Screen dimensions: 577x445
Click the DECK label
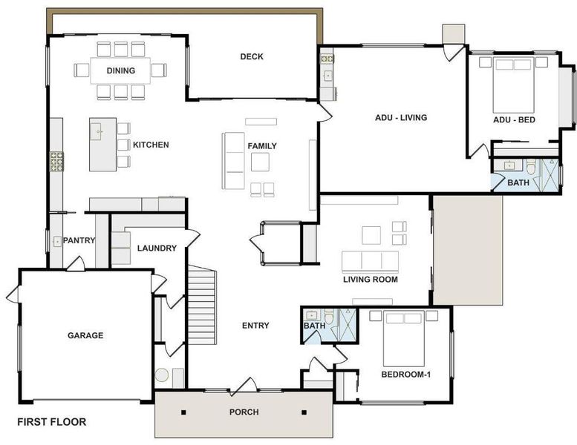[252, 56]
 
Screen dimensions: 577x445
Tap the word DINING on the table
[121, 70]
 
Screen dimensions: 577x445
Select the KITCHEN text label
[151, 145]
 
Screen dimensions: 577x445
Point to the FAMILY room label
[262, 146]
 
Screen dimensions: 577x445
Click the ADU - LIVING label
[401, 118]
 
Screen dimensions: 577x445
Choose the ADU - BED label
[514, 120]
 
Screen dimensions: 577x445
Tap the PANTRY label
[79, 240]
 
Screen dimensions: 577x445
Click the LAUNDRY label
[157, 248]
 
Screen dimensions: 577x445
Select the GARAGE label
[85, 335]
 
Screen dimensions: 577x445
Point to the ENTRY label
[255, 326]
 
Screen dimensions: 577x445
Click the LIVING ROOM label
[371, 280]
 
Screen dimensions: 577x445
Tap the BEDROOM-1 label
[406, 375]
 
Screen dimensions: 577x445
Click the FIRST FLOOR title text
[52, 422]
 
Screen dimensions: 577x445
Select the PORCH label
[244, 412]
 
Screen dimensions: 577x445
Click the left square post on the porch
[183, 412]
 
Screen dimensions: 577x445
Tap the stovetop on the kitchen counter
[56, 162]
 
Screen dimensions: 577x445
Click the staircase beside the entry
[202, 305]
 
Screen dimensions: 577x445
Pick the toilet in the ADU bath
[531, 168]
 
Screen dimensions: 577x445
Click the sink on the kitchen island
[97, 132]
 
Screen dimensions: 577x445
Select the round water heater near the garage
[162, 375]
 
